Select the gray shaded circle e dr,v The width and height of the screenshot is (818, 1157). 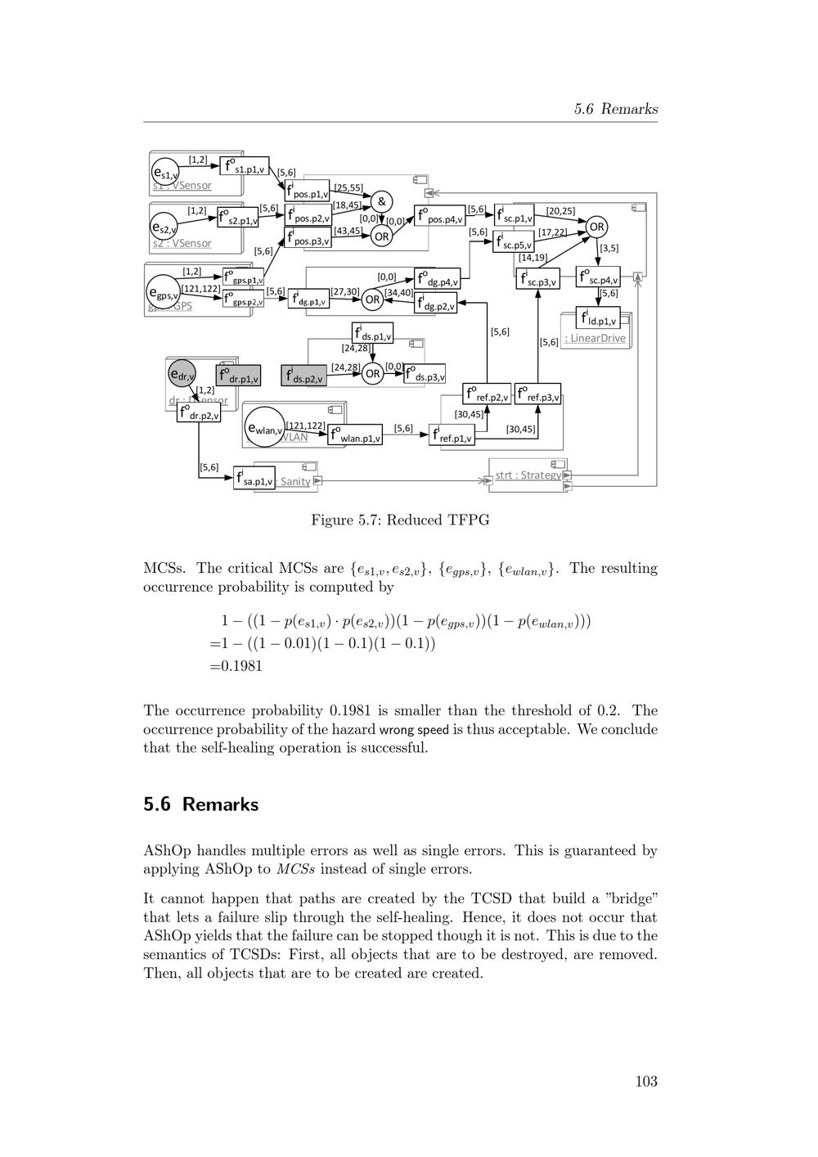(182, 375)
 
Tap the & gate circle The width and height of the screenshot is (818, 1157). (381, 201)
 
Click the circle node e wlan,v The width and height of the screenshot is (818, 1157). (264, 427)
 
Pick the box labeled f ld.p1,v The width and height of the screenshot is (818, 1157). (597, 317)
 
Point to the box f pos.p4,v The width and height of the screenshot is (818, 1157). (439, 216)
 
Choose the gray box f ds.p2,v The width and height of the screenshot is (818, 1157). (303, 376)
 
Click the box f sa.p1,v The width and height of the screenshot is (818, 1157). (254, 478)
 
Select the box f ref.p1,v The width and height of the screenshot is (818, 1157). (452, 434)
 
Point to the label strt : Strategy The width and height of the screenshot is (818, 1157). (528, 475)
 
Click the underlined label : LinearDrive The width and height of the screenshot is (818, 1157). (595, 339)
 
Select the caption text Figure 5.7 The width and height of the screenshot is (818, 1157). (400, 520)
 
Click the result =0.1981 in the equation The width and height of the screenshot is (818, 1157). (236, 666)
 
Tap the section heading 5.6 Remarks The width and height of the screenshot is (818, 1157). (200, 804)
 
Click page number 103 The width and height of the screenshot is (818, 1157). (646, 1082)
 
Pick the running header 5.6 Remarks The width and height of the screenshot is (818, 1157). (615, 109)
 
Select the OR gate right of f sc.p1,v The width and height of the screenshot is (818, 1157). (597, 227)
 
